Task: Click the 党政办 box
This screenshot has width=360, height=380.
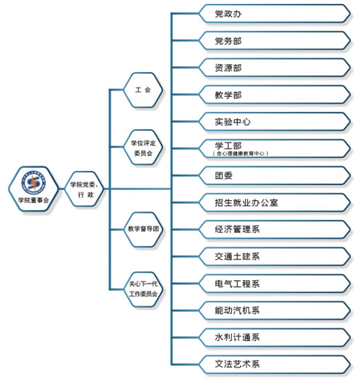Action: (x=274, y=14)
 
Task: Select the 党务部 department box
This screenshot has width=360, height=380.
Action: (x=274, y=41)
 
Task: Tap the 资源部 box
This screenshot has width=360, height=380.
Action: (x=274, y=68)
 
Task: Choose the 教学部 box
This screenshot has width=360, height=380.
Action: (x=274, y=95)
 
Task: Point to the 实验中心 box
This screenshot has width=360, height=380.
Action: (x=274, y=122)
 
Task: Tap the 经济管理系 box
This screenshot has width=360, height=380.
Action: (x=274, y=230)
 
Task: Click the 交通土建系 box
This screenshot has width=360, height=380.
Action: (x=274, y=256)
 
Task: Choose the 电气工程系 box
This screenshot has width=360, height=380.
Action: (x=274, y=283)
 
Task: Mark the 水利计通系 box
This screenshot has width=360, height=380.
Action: (x=274, y=337)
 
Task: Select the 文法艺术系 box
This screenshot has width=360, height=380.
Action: (x=274, y=364)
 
